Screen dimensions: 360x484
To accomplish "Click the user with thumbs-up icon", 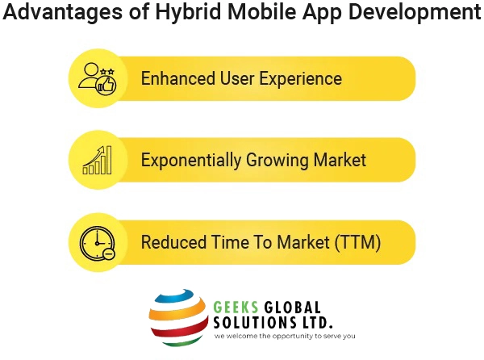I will [97, 78].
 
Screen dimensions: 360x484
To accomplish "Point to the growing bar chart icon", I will [97, 159].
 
